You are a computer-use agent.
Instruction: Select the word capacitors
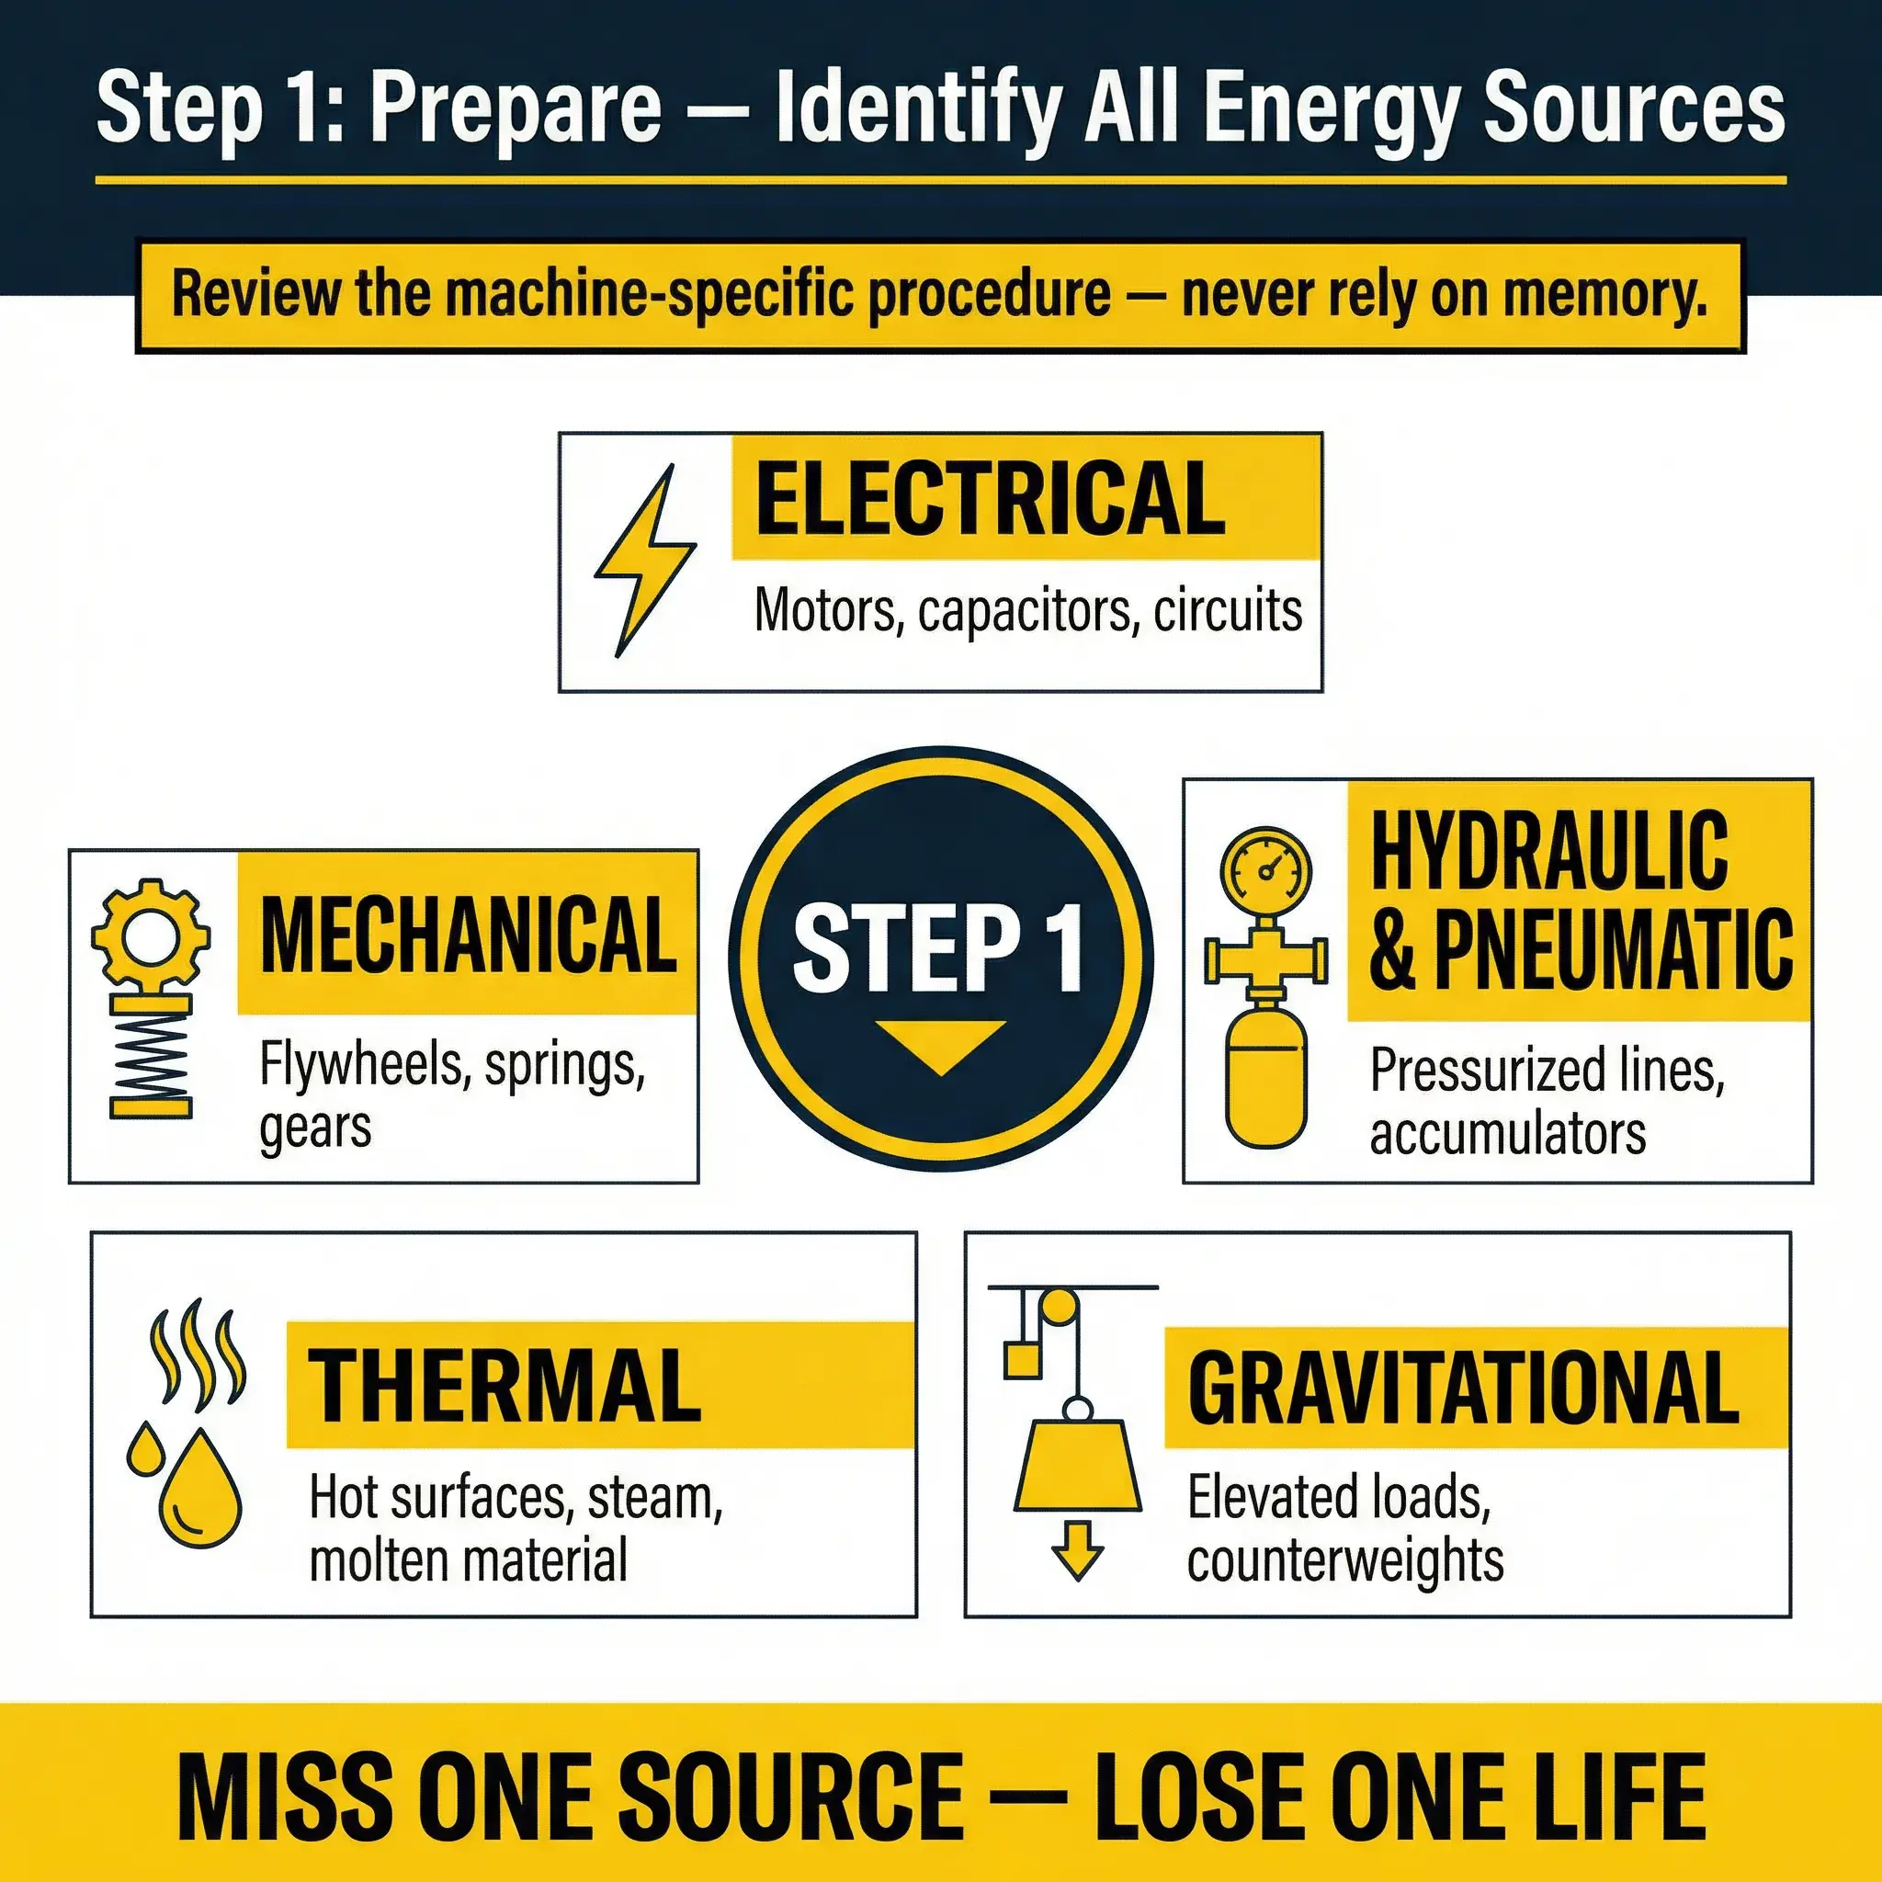click(1027, 611)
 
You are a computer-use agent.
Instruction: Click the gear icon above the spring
click(151, 936)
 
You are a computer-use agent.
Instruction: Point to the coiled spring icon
click(151, 1056)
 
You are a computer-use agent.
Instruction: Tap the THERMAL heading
click(505, 1386)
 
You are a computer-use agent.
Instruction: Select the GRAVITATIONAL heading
click(1463, 1387)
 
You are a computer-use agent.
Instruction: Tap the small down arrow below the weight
click(1077, 1548)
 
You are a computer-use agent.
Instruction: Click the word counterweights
click(1345, 1560)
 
